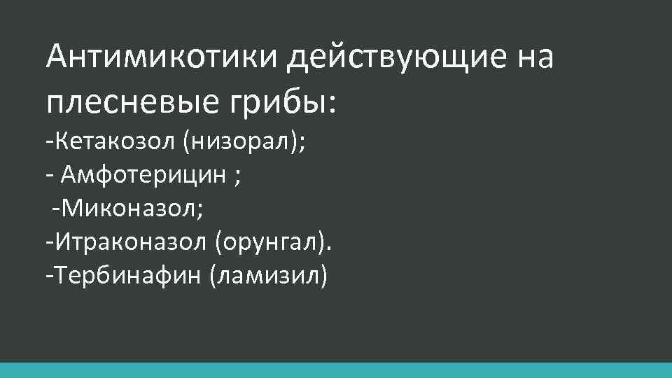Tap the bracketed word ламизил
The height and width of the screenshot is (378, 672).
pos(267,275)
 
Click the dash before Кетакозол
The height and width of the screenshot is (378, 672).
pos(48,144)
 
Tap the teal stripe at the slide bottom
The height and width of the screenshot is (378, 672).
pos(336,370)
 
